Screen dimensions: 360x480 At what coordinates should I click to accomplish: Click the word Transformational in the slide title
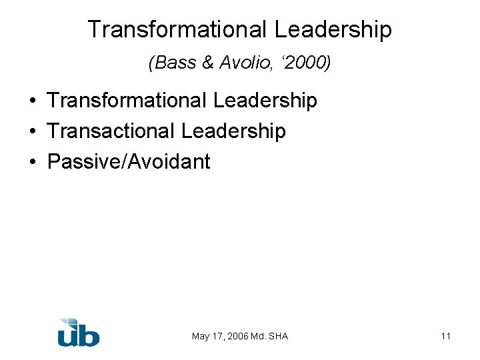pyautogui.click(x=177, y=29)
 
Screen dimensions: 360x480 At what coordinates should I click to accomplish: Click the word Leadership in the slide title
pyautogui.click(x=332, y=29)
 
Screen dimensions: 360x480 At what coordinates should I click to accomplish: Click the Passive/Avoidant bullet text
pyautogui.click(x=129, y=161)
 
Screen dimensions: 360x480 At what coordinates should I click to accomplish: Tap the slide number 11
pyautogui.click(x=445, y=336)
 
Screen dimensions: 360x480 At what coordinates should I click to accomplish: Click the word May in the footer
pyautogui.click(x=201, y=336)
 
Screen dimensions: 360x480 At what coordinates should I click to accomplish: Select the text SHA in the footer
pyautogui.click(x=279, y=336)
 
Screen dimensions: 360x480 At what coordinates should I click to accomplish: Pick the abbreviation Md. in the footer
pyautogui.click(x=259, y=336)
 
